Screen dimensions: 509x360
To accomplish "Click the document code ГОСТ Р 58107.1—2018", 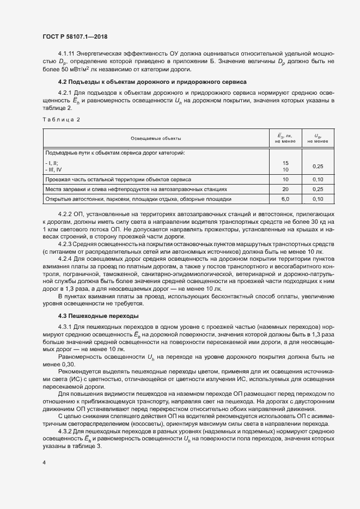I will pyautogui.click(x=74, y=36).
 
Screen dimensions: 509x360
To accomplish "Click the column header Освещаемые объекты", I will pyautogui.click(x=156, y=139).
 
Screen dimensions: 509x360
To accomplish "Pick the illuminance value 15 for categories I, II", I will pyautogui.click(x=285, y=163).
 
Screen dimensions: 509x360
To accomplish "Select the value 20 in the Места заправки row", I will pyautogui.click(x=285, y=189).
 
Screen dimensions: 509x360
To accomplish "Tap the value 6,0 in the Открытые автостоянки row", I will pyautogui.click(x=285, y=199).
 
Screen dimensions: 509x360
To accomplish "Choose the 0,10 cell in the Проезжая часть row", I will pyautogui.click(x=318, y=179).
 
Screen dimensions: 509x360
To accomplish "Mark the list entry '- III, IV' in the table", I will pyautogui.click(x=54, y=169).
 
